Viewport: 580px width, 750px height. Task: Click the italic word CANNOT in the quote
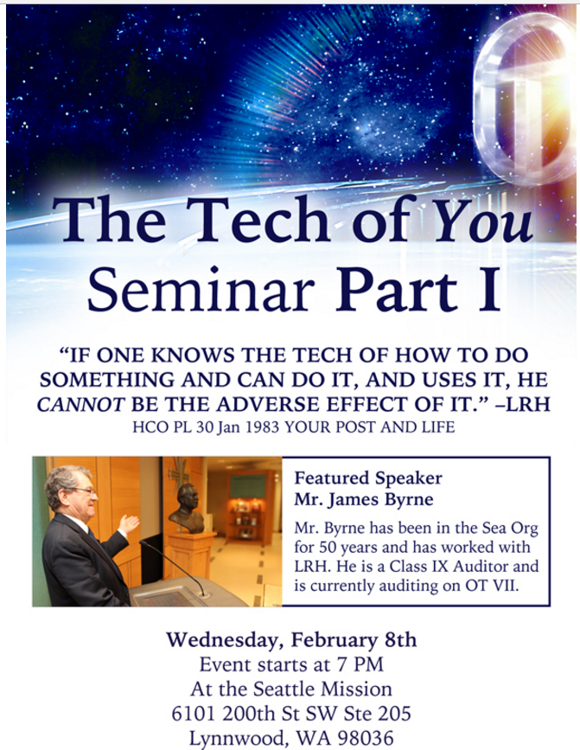tap(80, 405)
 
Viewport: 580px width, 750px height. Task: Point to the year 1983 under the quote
tap(262, 426)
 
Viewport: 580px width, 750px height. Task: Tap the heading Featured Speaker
tap(368, 478)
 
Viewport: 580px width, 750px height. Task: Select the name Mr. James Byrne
tap(364, 499)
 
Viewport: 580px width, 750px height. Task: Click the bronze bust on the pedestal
tap(188, 509)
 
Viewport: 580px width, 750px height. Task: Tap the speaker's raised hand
tap(128, 523)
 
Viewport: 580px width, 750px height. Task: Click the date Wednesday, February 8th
tap(291, 640)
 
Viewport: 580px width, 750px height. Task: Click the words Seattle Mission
tap(322, 689)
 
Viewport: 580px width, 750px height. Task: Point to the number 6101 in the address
tap(194, 714)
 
